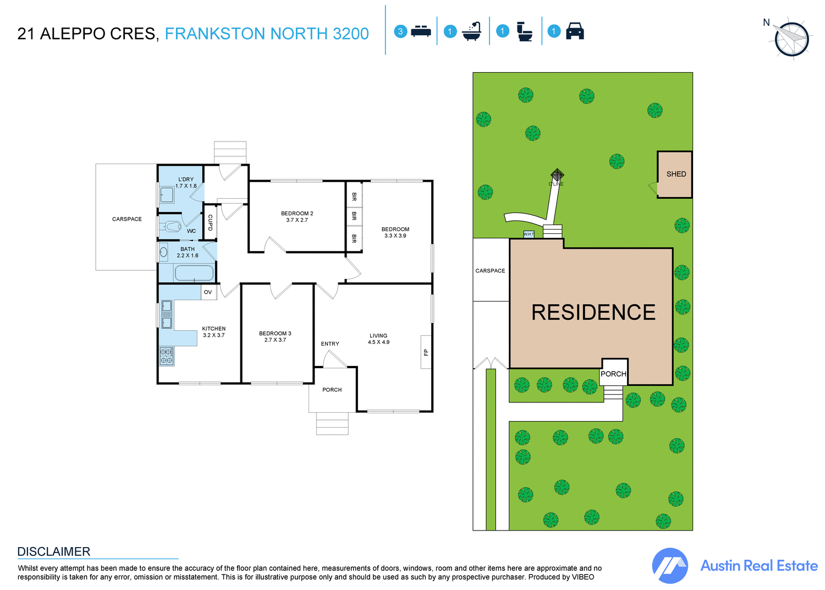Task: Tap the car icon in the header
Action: [575, 31]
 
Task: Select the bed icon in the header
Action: [421, 31]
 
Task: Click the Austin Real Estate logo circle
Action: [670, 566]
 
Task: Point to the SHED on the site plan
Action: [675, 174]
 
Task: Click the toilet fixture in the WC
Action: [172, 226]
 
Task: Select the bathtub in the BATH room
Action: [194, 272]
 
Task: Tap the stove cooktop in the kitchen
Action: [167, 356]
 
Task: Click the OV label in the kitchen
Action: [208, 292]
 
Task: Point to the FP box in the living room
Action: [426, 352]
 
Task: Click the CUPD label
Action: [210, 222]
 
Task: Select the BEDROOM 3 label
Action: [275, 334]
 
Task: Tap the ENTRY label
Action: [330, 344]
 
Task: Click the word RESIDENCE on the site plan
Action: [593, 313]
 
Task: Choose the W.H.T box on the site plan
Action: [529, 234]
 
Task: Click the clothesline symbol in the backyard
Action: [557, 175]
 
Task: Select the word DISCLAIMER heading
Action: [54, 551]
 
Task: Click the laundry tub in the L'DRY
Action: [167, 195]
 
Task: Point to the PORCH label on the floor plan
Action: [332, 390]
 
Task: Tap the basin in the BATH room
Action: [163, 253]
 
